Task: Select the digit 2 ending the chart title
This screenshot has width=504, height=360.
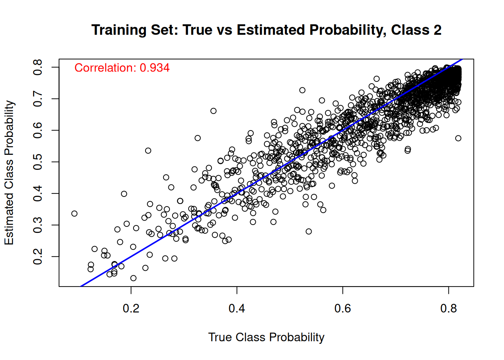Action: point(437,30)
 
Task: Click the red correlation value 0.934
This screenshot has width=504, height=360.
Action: point(154,68)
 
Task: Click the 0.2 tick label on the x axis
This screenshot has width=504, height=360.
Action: point(131,308)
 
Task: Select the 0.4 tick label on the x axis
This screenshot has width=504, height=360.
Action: point(237,308)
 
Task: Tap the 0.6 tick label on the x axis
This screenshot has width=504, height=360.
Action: point(342,308)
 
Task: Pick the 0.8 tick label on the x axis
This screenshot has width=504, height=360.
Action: point(448,308)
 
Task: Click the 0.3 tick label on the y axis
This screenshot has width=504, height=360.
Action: point(37,225)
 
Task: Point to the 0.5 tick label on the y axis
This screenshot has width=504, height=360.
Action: point(37,162)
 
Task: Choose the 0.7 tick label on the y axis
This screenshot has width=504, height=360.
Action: point(37,99)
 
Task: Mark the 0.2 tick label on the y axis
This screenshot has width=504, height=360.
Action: point(37,256)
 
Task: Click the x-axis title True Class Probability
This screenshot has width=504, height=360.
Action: point(266,337)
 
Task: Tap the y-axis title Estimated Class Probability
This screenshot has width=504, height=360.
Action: point(9,172)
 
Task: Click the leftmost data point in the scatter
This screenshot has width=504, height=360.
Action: point(74,213)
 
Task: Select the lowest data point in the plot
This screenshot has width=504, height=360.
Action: point(133,278)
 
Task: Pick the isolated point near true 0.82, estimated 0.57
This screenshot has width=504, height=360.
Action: point(458,138)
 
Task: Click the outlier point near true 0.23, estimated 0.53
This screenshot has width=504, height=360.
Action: point(148,151)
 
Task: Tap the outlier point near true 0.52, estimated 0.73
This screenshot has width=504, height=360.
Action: point(302,90)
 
